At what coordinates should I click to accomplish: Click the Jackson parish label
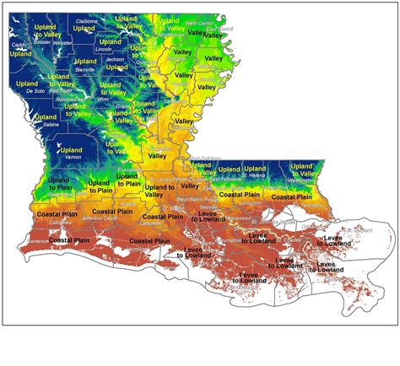(x=116, y=60)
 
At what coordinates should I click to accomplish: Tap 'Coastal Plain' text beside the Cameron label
(x=70, y=240)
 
